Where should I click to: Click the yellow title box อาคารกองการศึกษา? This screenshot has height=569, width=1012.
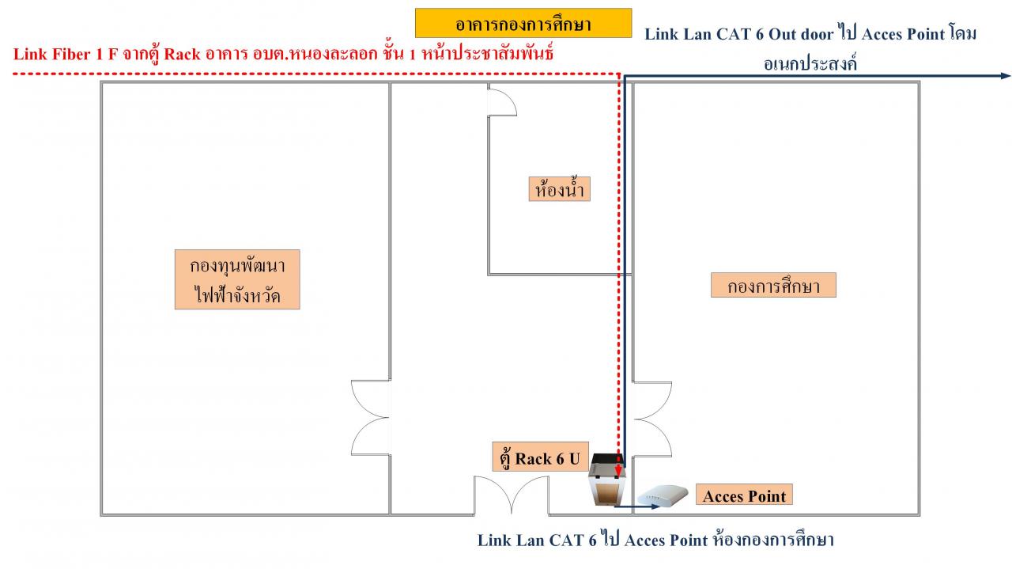(x=523, y=23)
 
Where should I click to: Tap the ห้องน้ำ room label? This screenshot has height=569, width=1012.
(x=559, y=189)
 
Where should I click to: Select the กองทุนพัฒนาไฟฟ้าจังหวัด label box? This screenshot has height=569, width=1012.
(x=237, y=279)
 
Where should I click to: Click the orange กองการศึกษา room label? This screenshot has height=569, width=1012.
(x=773, y=285)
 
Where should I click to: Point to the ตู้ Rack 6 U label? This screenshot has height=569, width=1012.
(x=540, y=457)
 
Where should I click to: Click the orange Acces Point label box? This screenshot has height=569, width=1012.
(x=744, y=495)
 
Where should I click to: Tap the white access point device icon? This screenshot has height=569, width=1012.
(x=663, y=495)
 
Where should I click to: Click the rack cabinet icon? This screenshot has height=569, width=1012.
(x=608, y=480)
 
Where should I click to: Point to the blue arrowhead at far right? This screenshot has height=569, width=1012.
(x=1006, y=76)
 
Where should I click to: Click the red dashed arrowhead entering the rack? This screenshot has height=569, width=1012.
(x=618, y=472)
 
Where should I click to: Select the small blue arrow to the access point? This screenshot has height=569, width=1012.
(x=637, y=507)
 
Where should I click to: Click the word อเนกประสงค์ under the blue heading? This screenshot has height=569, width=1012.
(x=810, y=63)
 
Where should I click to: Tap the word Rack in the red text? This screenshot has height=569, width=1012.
(x=182, y=55)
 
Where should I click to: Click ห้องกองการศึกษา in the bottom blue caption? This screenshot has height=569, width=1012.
(x=772, y=539)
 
